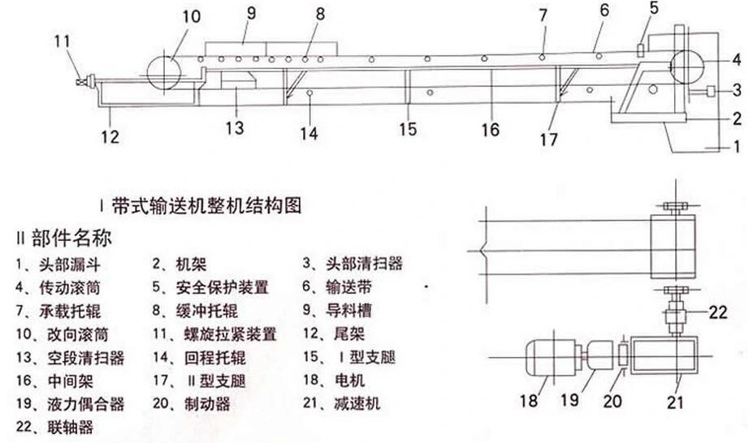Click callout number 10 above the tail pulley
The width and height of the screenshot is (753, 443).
click(191, 17)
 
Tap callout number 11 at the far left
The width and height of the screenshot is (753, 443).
click(62, 41)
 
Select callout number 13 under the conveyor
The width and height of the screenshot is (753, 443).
click(235, 127)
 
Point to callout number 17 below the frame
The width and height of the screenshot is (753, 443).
click(548, 140)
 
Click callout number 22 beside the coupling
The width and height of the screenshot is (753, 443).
click(718, 312)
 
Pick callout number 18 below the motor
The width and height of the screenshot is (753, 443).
click(529, 401)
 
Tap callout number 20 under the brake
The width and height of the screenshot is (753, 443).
click(612, 401)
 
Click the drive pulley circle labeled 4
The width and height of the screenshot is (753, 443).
click(686, 66)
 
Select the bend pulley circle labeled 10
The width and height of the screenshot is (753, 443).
click(164, 73)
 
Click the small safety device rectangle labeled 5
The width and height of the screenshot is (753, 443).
click(640, 50)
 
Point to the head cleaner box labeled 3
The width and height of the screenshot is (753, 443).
click(712, 90)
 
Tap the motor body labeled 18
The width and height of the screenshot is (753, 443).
click(552, 358)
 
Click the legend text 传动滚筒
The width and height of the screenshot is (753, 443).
click(70, 288)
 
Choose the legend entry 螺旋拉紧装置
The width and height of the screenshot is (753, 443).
click(231, 334)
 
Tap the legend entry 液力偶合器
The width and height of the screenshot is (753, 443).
click(86, 404)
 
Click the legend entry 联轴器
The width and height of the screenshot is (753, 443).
click(70, 427)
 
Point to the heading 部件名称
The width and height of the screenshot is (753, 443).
click(72, 238)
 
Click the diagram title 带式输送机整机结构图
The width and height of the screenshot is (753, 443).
click(206, 206)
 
